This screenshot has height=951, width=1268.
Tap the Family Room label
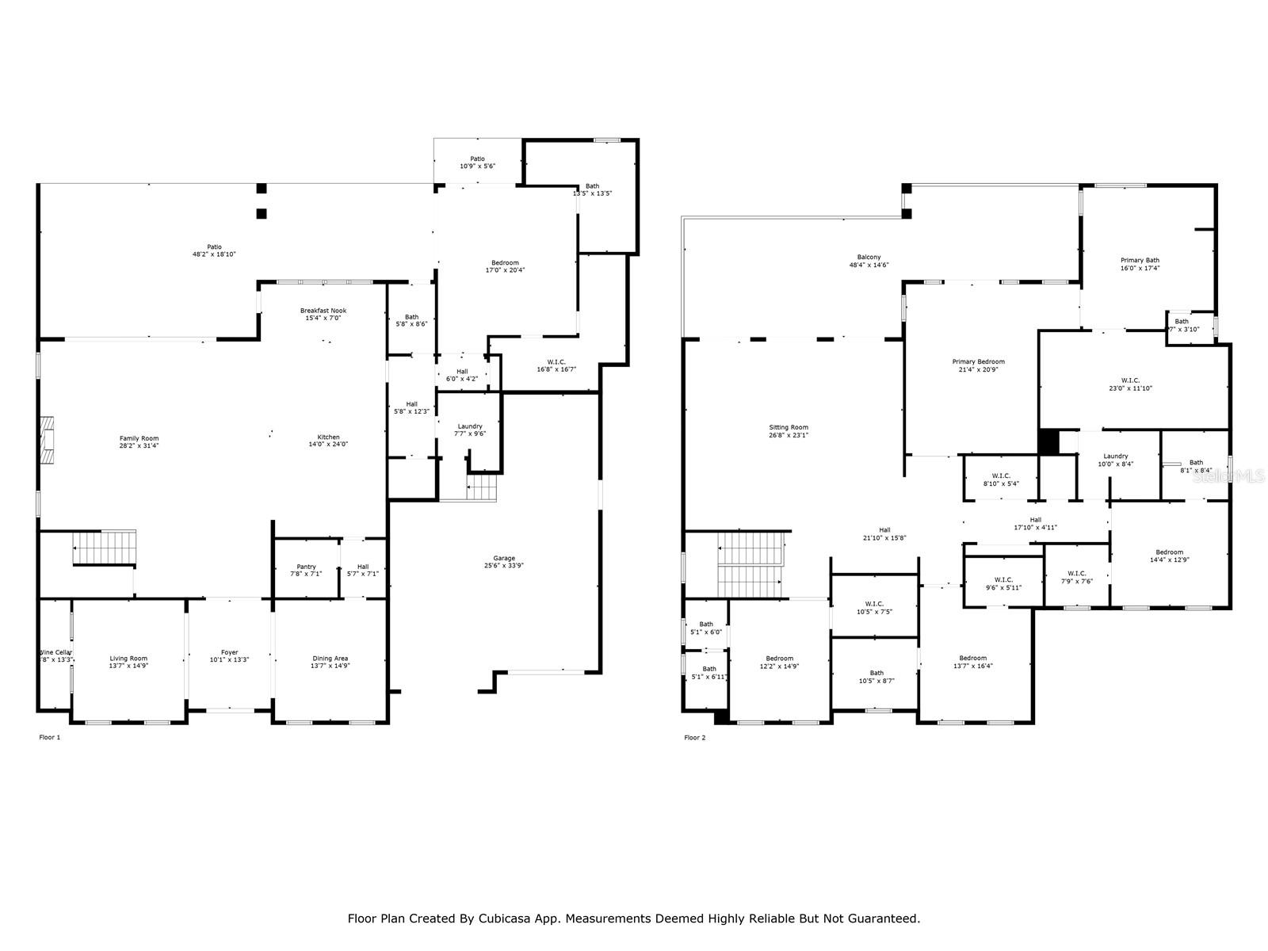coord(139,441)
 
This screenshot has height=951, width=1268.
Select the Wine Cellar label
coord(56,655)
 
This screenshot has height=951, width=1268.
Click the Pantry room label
coord(306,570)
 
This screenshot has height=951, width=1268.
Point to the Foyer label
coord(229,655)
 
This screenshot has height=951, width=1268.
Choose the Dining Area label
coord(330,662)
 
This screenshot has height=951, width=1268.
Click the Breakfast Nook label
coord(323,314)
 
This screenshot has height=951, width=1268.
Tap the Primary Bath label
coord(1140,264)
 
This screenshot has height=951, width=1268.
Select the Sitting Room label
coord(788,431)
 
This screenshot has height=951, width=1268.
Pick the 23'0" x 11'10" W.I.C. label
coord(1130,384)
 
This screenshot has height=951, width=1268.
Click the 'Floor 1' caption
coord(49,738)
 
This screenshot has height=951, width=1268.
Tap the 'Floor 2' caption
coord(694,738)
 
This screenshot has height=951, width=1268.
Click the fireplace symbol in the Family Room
coord(48,441)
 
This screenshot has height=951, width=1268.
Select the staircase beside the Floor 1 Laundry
coord(481,488)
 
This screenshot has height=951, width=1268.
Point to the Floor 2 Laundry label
coord(1115,460)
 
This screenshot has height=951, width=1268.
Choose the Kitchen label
coord(328,441)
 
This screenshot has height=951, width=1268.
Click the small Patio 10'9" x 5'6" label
coord(477,162)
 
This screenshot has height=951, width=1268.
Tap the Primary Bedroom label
coord(978,365)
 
